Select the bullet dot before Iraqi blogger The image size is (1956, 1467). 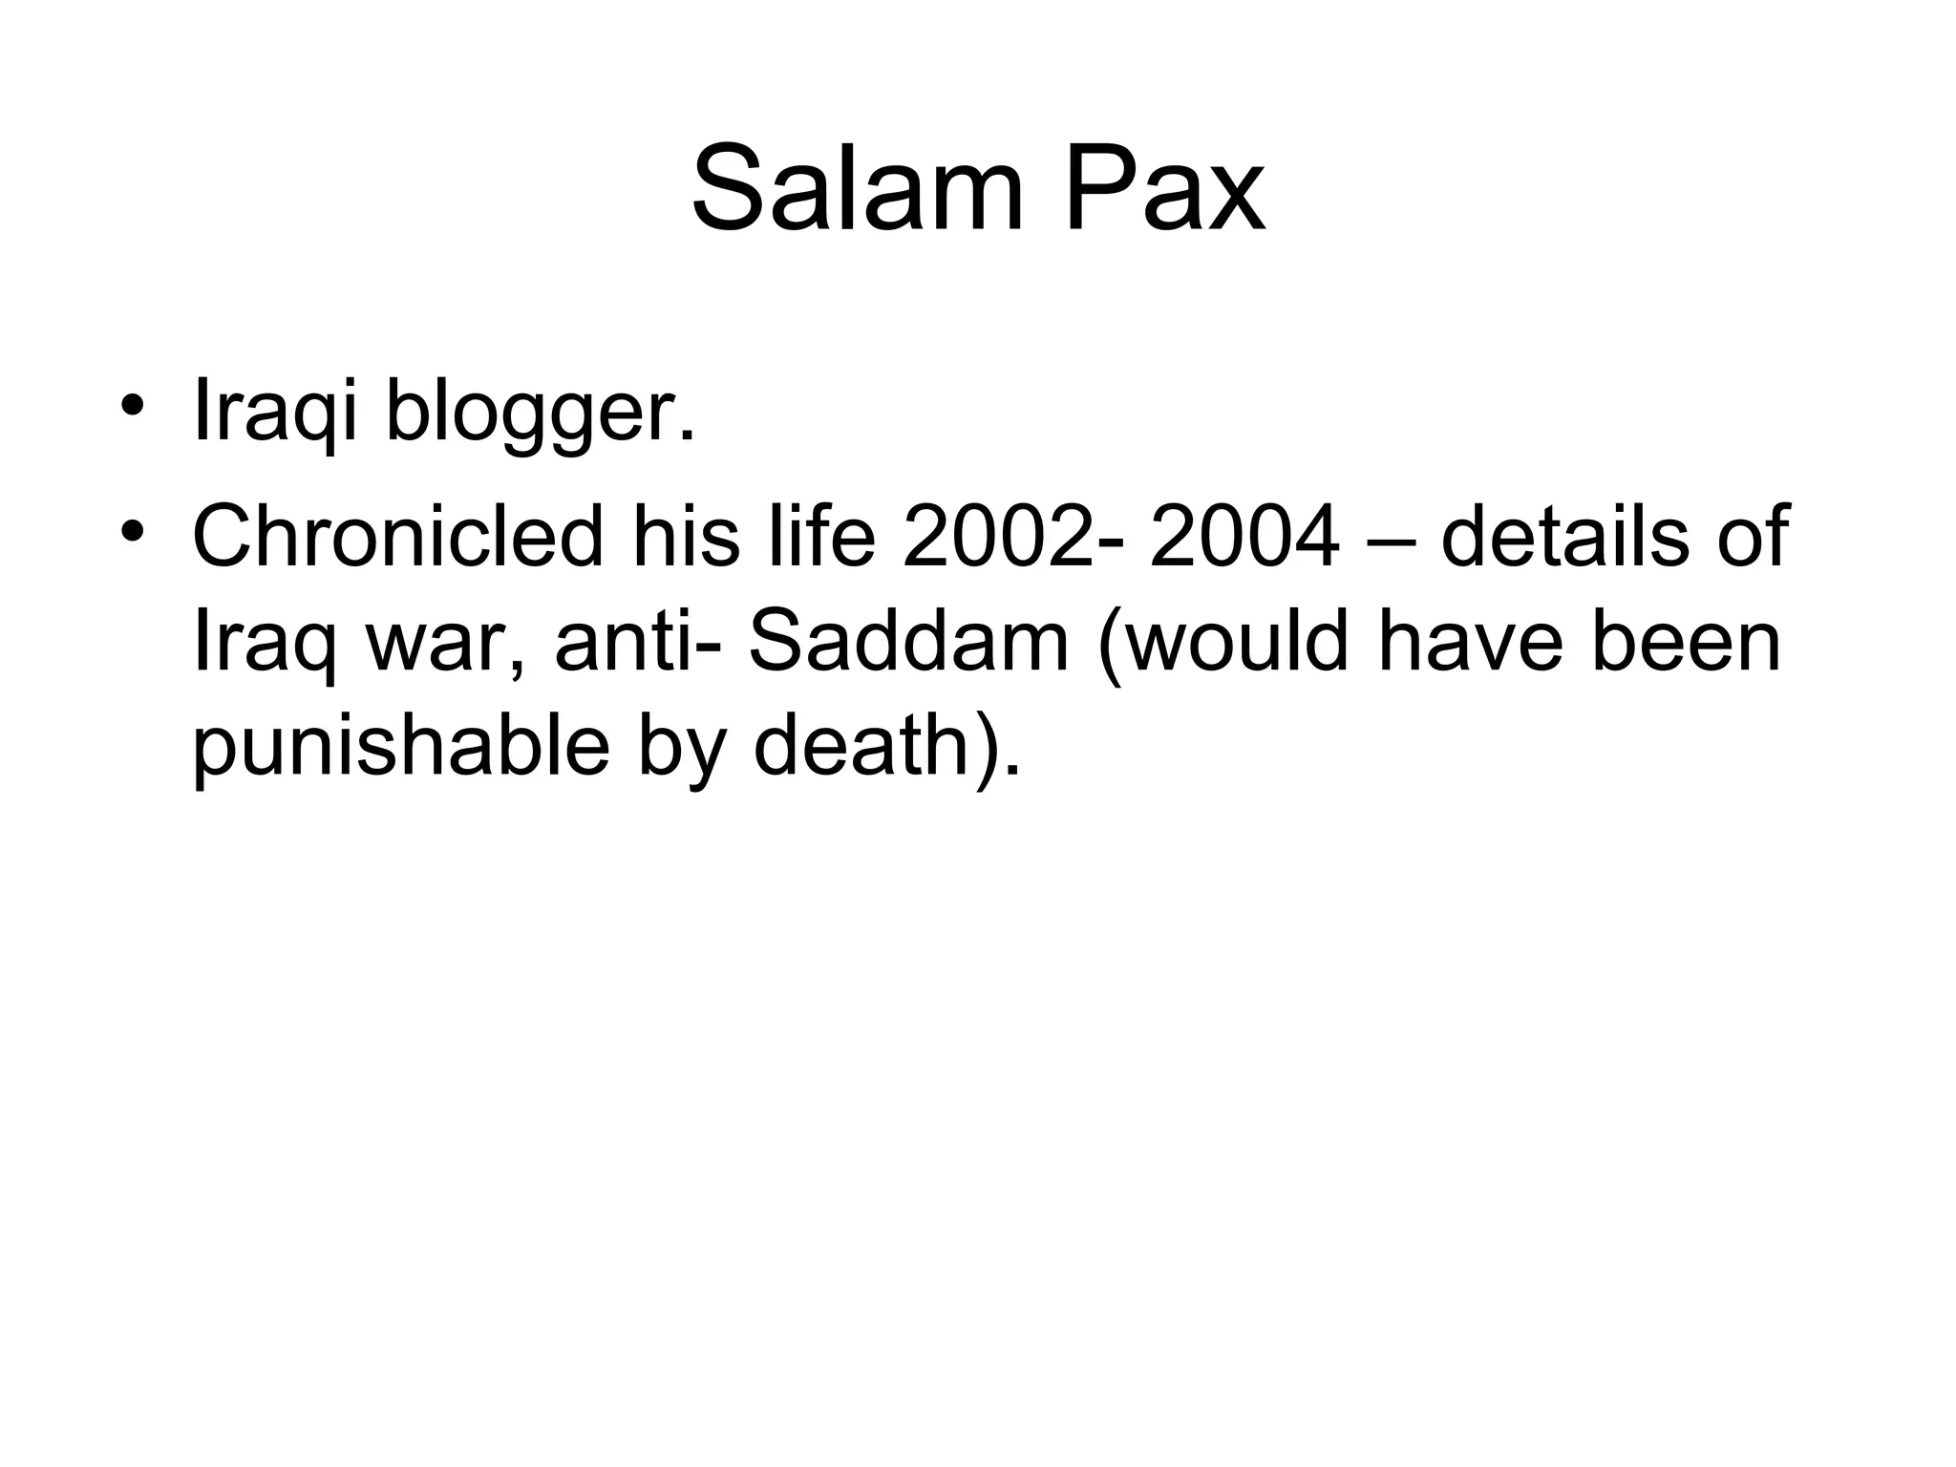[133, 402]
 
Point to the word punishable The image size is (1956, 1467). [401, 748]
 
